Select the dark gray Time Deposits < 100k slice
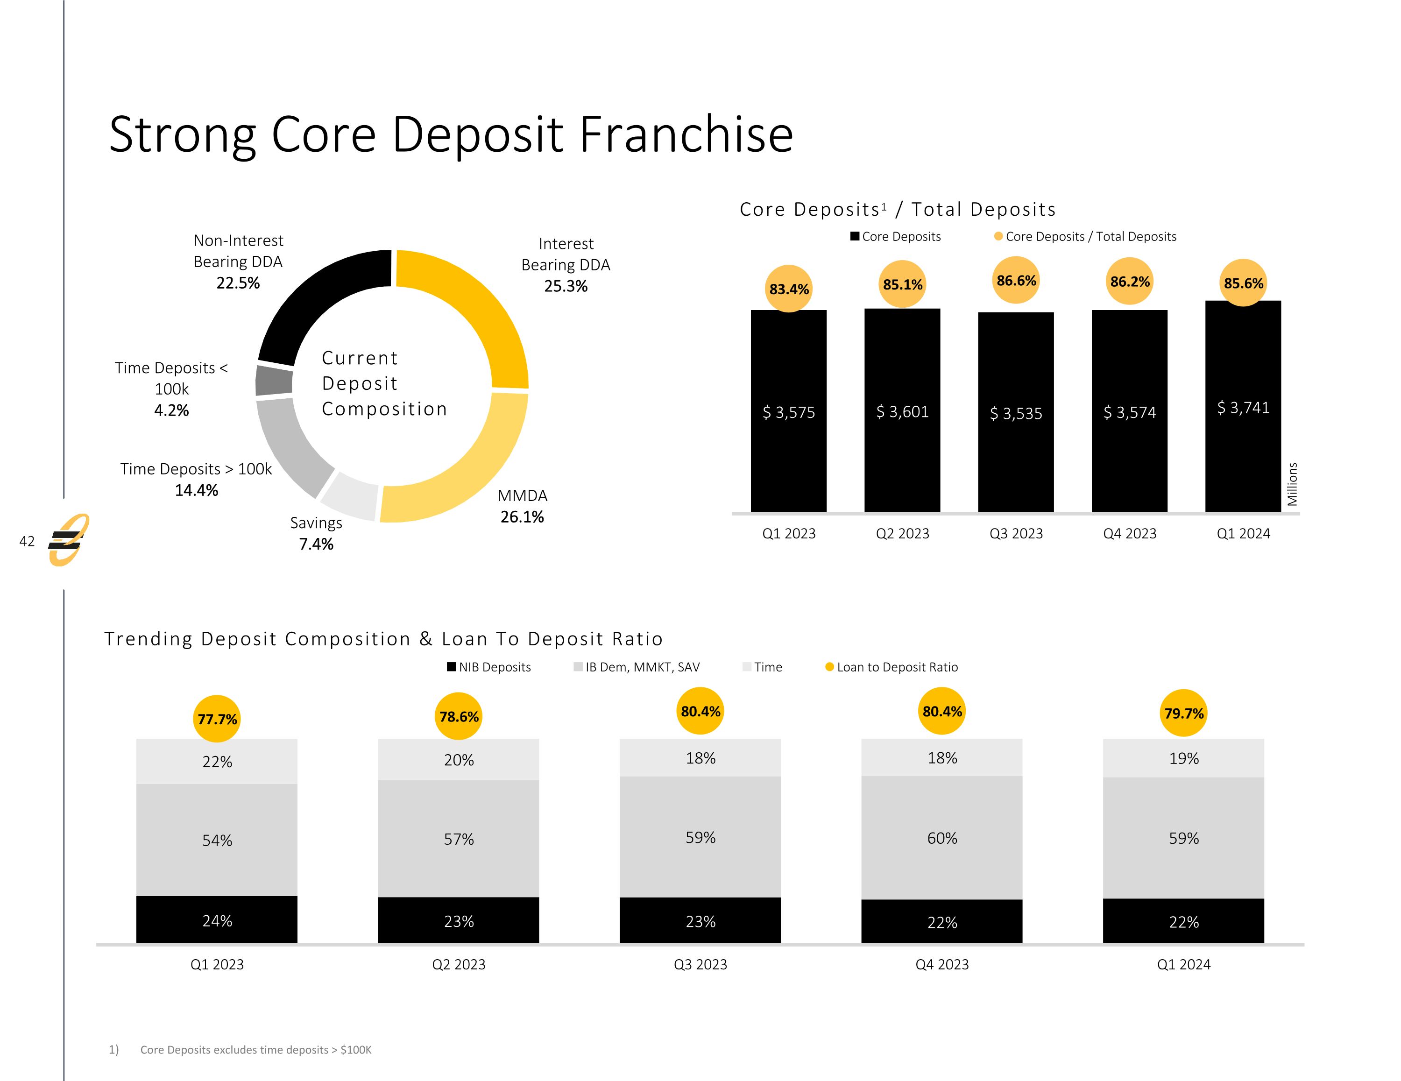pyautogui.click(x=274, y=381)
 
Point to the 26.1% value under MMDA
pyautogui.click(x=522, y=517)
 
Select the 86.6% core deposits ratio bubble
pyautogui.click(x=1016, y=280)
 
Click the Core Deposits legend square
pyautogui.click(x=855, y=236)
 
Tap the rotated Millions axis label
pyautogui.click(x=1292, y=484)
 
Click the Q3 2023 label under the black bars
pyautogui.click(x=1016, y=533)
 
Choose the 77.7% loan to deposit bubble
pyautogui.click(x=217, y=719)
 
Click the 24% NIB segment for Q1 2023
pyautogui.click(x=217, y=921)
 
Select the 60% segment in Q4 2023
pyautogui.click(x=941, y=838)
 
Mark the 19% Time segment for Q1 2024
pyautogui.click(x=1183, y=758)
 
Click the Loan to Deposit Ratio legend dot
pyautogui.click(x=829, y=667)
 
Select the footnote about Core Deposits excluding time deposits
pyautogui.click(x=255, y=1050)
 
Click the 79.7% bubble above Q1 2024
pyautogui.click(x=1183, y=714)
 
